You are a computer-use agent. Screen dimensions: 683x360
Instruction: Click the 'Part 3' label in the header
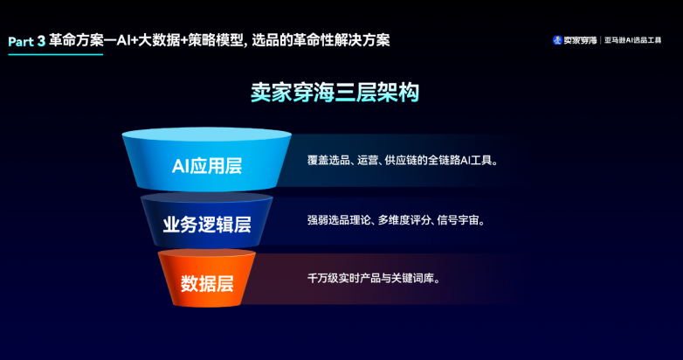coord(26,41)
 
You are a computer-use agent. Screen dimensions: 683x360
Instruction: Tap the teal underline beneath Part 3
coord(56,54)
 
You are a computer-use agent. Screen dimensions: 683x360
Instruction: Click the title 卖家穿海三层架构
coord(335,93)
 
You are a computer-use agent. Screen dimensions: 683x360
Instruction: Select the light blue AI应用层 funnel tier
coord(206,160)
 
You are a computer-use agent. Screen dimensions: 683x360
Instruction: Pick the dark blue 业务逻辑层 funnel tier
coord(206,221)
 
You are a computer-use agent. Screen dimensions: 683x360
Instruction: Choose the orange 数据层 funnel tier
coord(206,278)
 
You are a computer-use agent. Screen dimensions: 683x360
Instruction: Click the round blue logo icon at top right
coord(557,40)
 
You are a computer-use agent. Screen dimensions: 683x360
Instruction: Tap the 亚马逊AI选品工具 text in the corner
coord(633,40)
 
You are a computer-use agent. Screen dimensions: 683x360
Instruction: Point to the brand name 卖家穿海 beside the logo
coord(580,40)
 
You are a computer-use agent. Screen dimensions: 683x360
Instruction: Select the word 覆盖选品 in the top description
coord(328,161)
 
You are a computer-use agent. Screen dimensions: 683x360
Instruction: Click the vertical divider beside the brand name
coord(601,40)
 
